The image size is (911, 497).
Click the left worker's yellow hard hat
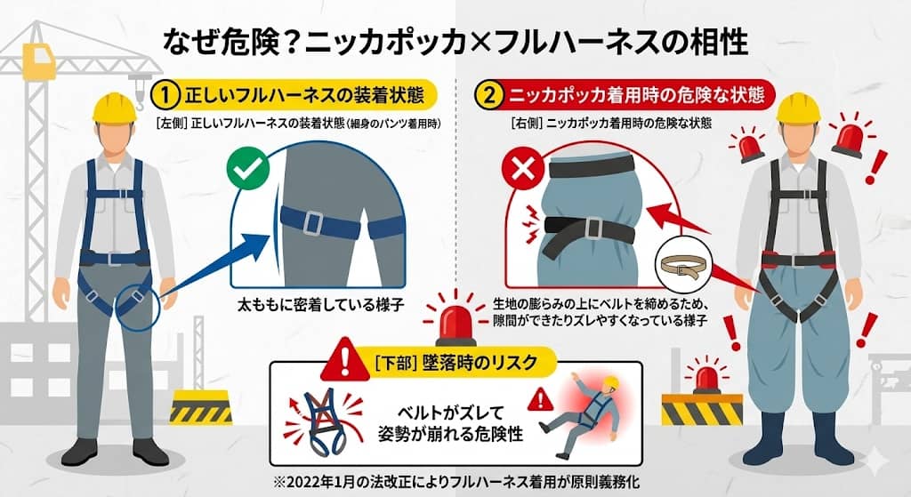pyautogui.click(x=115, y=106)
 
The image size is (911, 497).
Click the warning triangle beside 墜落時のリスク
pyautogui.click(x=340, y=361)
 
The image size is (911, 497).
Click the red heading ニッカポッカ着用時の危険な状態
pyautogui.click(x=640, y=94)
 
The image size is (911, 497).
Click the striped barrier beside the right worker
pyautogui.click(x=701, y=408)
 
